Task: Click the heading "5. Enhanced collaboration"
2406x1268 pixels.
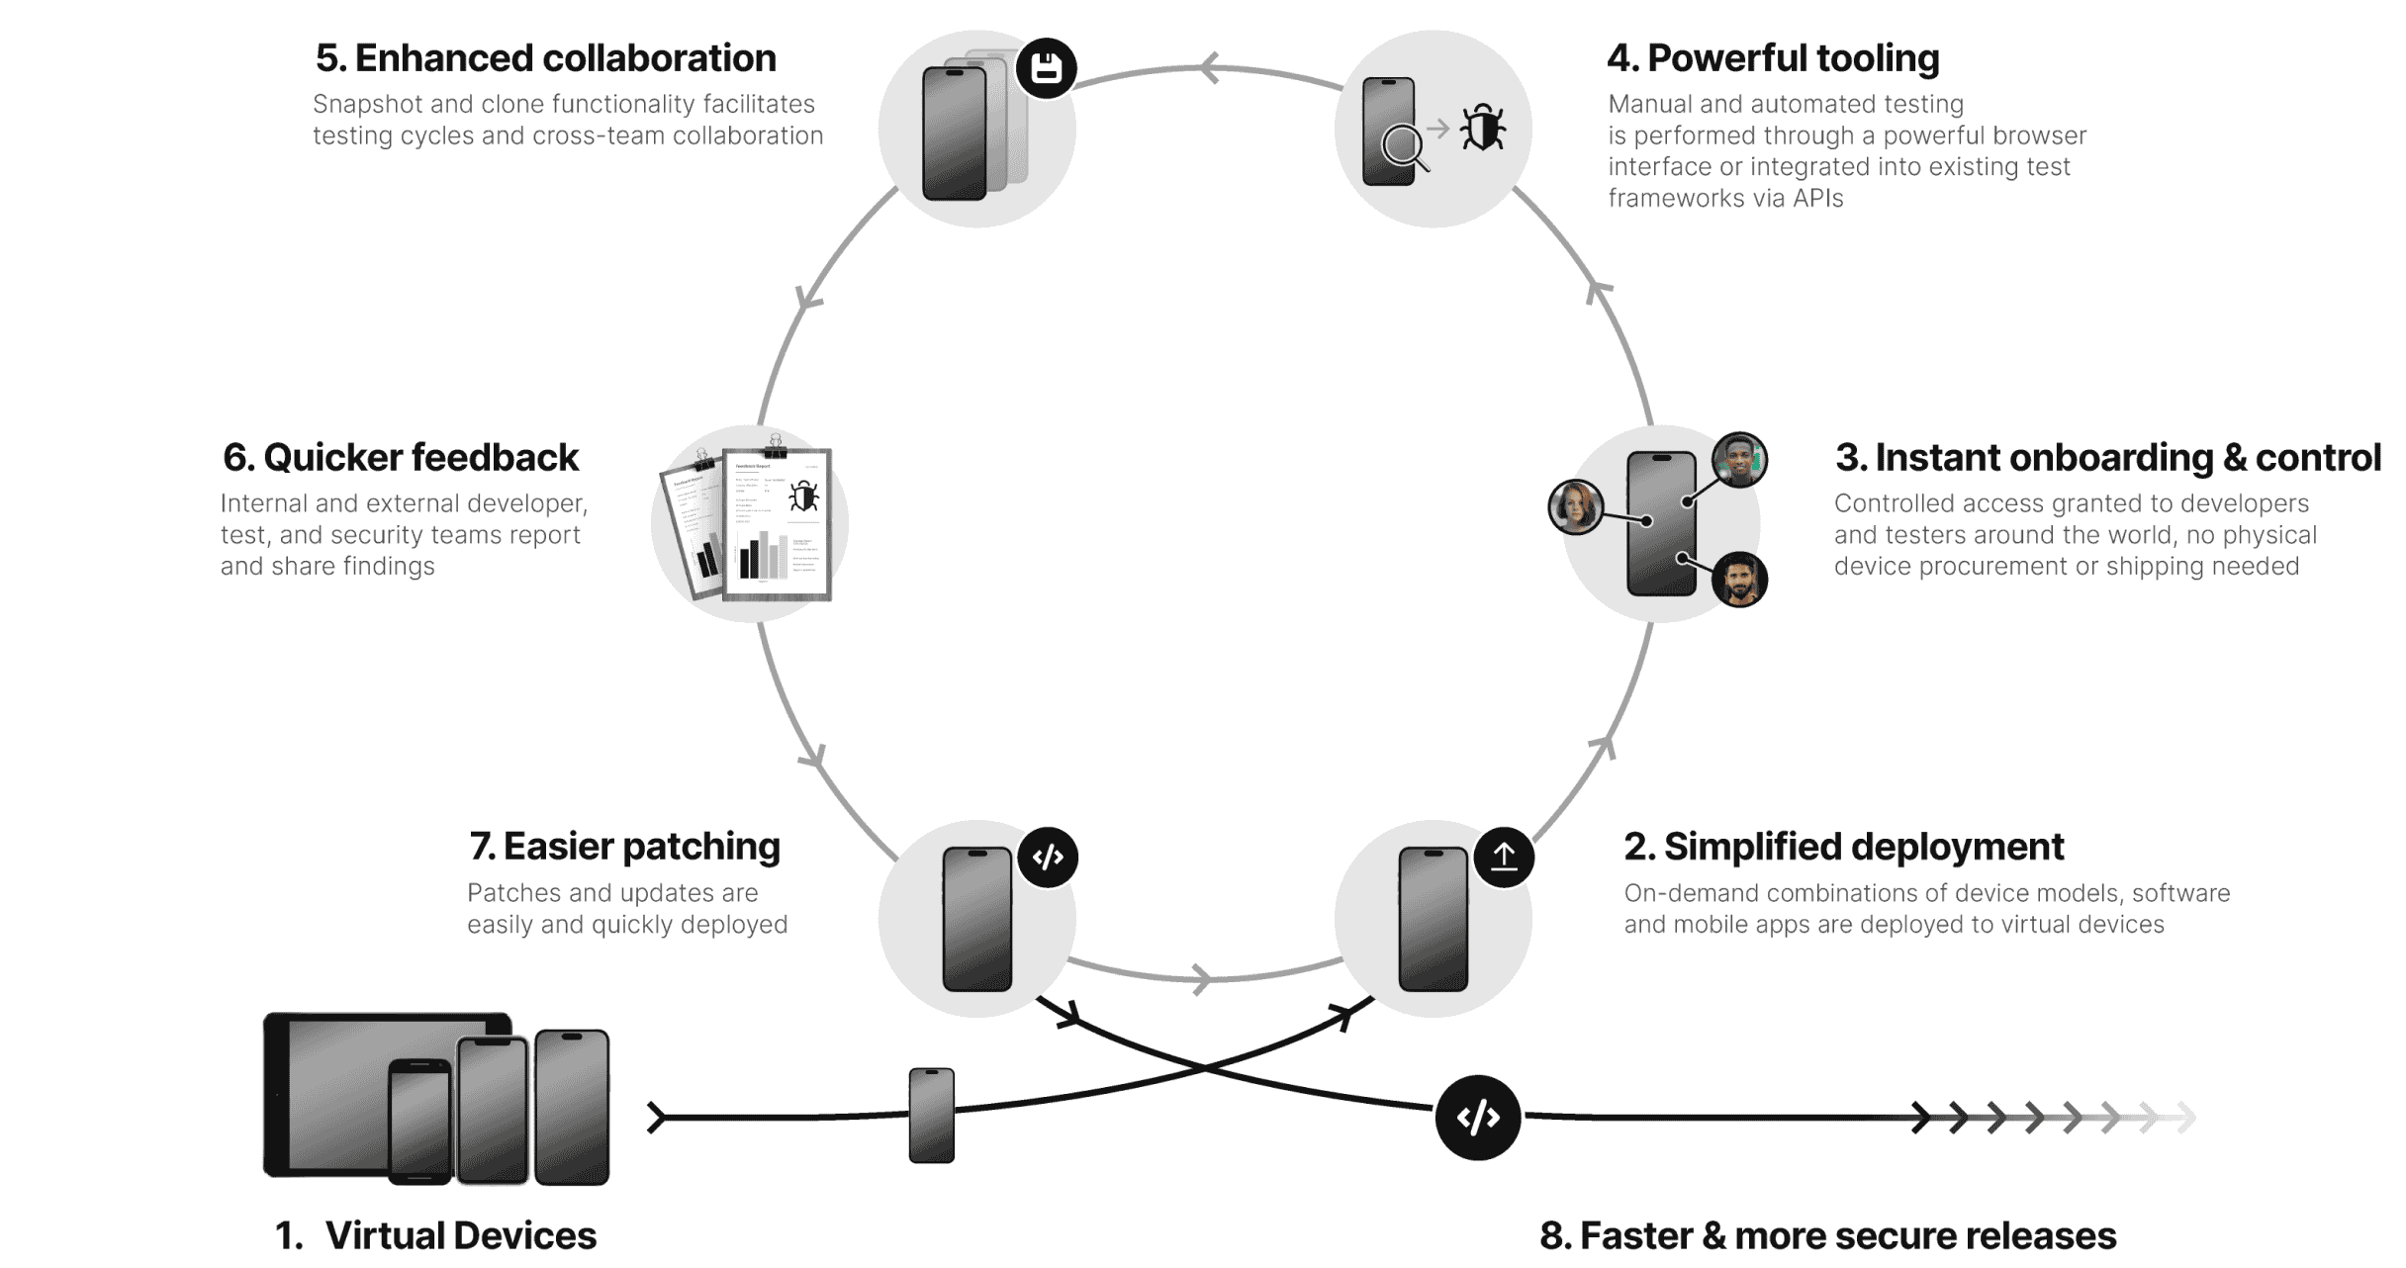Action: (x=545, y=58)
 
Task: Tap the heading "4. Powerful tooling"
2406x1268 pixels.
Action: (x=1773, y=58)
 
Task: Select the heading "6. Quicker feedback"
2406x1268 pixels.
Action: (x=401, y=458)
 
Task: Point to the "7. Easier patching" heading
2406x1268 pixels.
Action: (x=624, y=847)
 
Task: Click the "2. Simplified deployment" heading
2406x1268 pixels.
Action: (x=1844, y=847)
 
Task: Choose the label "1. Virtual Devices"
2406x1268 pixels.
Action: (x=435, y=1235)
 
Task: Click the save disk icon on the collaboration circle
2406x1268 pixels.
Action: (x=1047, y=68)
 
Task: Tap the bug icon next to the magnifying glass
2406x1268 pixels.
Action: (x=1483, y=128)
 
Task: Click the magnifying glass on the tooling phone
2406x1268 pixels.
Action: (x=1403, y=147)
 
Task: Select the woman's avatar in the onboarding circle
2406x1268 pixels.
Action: (x=1575, y=506)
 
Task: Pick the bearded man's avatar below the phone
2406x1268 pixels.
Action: (x=1739, y=579)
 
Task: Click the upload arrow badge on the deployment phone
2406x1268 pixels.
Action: (x=1504, y=857)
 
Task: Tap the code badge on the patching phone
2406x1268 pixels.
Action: (x=1048, y=857)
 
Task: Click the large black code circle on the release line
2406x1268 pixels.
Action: (x=1478, y=1118)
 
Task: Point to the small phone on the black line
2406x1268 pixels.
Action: (x=932, y=1115)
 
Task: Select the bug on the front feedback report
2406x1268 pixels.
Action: (x=803, y=497)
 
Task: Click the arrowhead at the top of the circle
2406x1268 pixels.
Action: (x=1209, y=68)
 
